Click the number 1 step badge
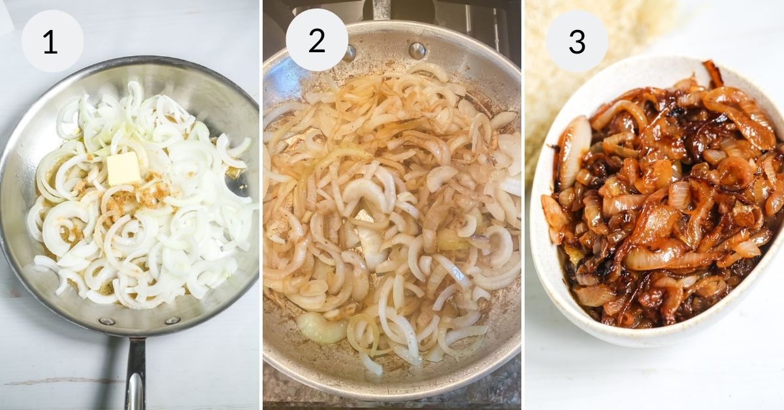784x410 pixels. coord(52,41)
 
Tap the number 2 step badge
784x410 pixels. coord(317,40)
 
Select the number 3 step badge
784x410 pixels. coord(577,40)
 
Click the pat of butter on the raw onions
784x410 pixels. coord(123,168)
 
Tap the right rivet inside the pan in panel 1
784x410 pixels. coord(172,320)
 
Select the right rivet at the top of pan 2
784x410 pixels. coord(416,50)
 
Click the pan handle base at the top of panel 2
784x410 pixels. coord(382,9)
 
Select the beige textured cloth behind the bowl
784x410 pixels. coord(555,98)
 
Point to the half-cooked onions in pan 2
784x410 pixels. coord(392,215)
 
